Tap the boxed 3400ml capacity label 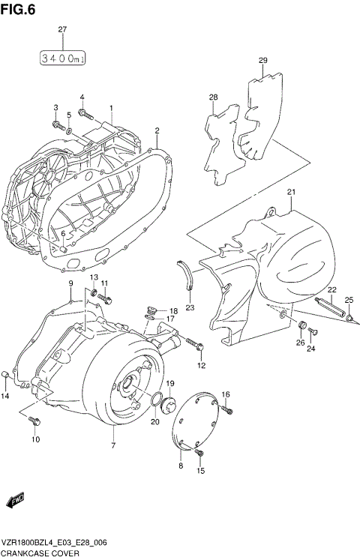point(62,57)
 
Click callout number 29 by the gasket point(262,61)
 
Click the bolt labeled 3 point(56,123)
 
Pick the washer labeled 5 point(69,130)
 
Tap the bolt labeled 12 point(199,346)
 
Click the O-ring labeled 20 point(158,400)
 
